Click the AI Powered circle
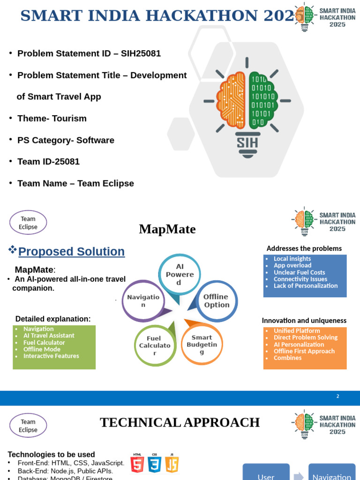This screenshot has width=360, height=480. pyautogui.click(x=179, y=274)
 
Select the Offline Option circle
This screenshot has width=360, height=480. pyautogui.click(x=216, y=301)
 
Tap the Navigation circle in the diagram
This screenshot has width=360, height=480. pyautogui.click(x=143, y=301)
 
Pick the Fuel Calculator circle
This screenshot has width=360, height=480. pyautogui.click(x=155, y=345)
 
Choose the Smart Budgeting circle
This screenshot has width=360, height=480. pyautogui.click(x=202, y=344)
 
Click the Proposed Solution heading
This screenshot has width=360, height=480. pyautogui.click(x=71, y=252)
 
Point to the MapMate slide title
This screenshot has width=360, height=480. pyautogui.click(x=167, y=229)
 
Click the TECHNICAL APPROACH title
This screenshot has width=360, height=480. pyautogui.click(x=180, y=422)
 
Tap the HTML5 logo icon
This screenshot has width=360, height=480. pyautogui.click(x=137, y=464)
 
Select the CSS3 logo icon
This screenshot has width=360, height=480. pyautogui.click(x=154, y=464)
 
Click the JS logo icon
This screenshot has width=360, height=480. pyautogui.click(x=172, y=464)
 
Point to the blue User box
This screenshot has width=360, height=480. pyautogui.click(x=266, y=473)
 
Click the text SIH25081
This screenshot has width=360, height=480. pyautogui.click(x=141, y=53)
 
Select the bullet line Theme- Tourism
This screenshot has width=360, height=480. pyautogui.click(x=52, y=118)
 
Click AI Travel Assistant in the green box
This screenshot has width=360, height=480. pyautogui.click(x=49, y=336)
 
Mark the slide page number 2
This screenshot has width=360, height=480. pyautogui.click(x=337, y=397)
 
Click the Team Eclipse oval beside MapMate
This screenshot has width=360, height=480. pyautogui.click(x=28, y=223)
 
